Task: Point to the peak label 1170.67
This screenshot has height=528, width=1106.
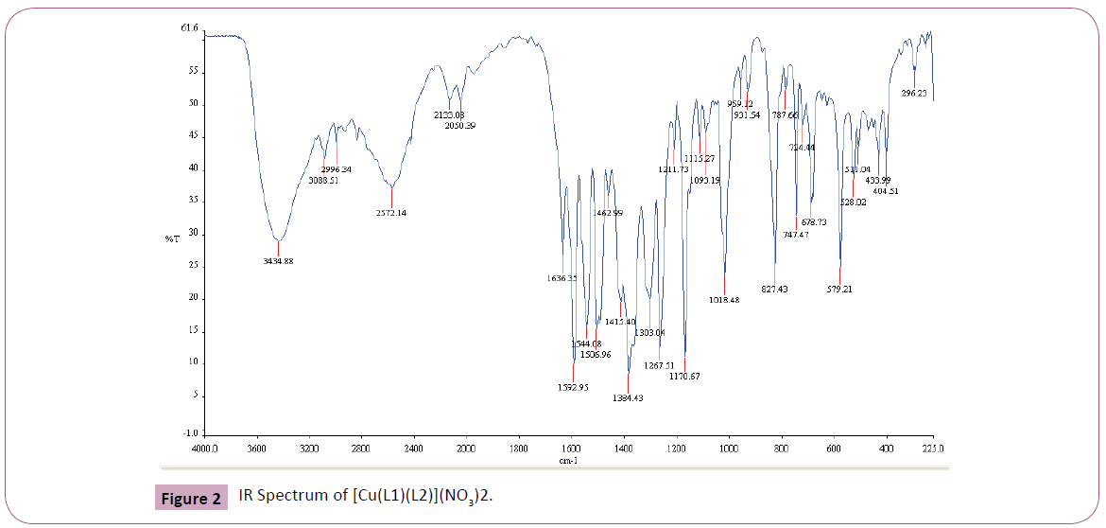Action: pos(684,377)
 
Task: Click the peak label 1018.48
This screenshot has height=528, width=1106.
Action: pos(723,300)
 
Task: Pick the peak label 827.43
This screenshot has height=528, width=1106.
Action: pos(774,289)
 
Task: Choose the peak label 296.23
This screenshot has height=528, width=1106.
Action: pos(915,94)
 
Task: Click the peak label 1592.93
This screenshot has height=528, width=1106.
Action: pos(573,386)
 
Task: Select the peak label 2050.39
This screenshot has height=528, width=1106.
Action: pos(460,125)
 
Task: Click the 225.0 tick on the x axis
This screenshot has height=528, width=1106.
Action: pos(933,449)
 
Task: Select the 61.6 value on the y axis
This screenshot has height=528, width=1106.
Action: pos(189,29)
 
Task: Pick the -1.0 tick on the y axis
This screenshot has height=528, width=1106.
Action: pos(189,433)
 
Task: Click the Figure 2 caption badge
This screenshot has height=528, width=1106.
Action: pos(189,498)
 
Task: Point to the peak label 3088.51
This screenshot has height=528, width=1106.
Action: pos(322,180)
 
